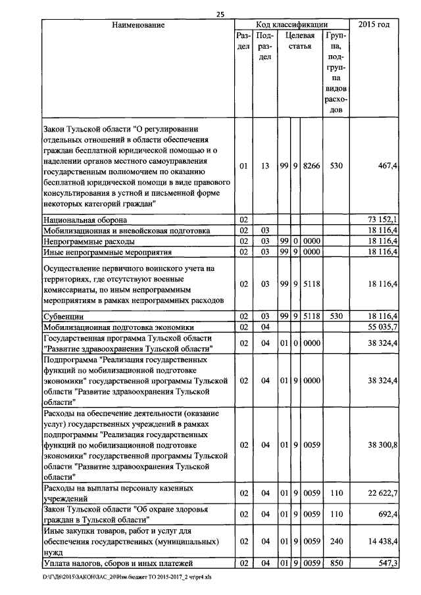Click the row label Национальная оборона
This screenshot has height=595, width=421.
[x=85, y=218]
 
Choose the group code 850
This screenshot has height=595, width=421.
[x=336, y=563]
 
